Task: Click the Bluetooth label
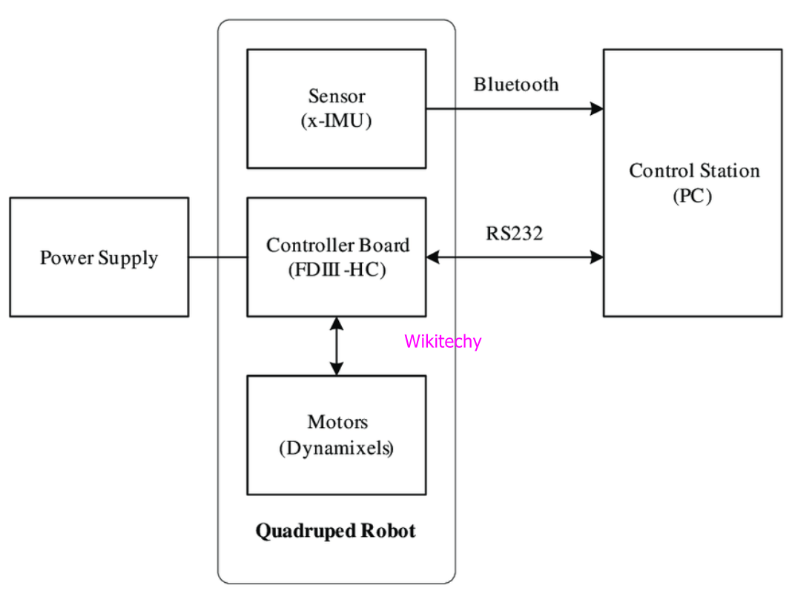click(x=516, y=85)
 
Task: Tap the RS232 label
click(x=515, y=234)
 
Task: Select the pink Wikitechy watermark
click(x=443, y=341)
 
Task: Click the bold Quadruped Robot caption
click(x=336, y=531)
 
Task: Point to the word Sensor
click(x=337, y=96)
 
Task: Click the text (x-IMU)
click(x=337, y=121)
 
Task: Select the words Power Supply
click(x=99, y=258)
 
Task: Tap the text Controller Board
click(x=337, y=245)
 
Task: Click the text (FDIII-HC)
click(x=337, y=270)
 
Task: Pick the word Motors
click(x=337, y=423)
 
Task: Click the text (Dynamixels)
click(x=337, y=448)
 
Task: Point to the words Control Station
click(x=694, y=171)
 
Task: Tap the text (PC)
click(x=693, y=197)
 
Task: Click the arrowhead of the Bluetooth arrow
click(x=597, y=109)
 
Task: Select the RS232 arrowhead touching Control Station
click(x=597, y=257)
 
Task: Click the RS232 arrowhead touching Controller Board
click(x=433, y=257)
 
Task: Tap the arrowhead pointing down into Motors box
click(x=337, y=368)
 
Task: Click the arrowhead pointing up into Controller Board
click(x=337, y=324)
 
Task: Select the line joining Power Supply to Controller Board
click(x=217, y=257)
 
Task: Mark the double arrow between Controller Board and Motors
click(x=337, y=346)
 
